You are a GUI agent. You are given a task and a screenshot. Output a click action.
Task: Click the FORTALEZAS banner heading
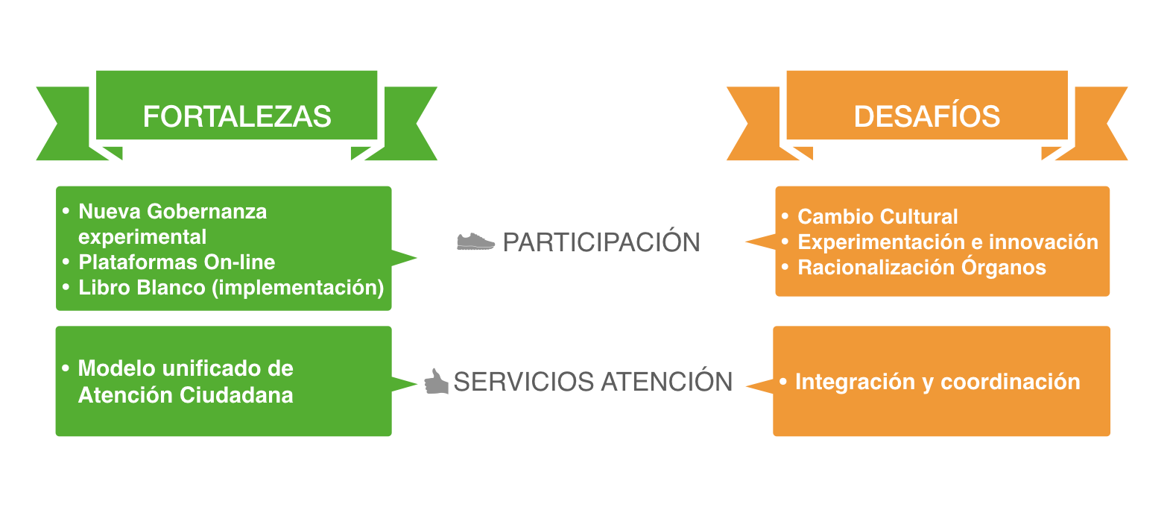237,116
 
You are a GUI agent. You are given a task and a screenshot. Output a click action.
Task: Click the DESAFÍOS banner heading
926,116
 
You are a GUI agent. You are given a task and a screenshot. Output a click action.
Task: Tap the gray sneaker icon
475,242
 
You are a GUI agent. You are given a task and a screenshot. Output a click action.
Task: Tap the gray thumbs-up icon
436,381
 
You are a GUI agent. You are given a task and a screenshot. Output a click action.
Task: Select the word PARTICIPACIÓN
601,242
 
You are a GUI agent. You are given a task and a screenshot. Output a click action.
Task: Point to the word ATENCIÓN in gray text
667,382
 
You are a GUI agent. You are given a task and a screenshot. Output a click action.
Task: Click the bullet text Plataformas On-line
177,262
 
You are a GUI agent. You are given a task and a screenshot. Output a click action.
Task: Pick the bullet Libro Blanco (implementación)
231,288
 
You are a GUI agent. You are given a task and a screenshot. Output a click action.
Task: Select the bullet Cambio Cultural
877,217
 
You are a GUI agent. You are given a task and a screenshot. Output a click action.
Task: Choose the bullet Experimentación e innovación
947,242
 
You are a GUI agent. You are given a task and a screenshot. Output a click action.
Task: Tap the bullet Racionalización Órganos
921,268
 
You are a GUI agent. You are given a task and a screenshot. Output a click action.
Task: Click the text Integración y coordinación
937,382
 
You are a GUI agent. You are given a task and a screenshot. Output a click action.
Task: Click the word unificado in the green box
211,368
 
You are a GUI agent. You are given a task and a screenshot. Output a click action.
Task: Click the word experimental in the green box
142,237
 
